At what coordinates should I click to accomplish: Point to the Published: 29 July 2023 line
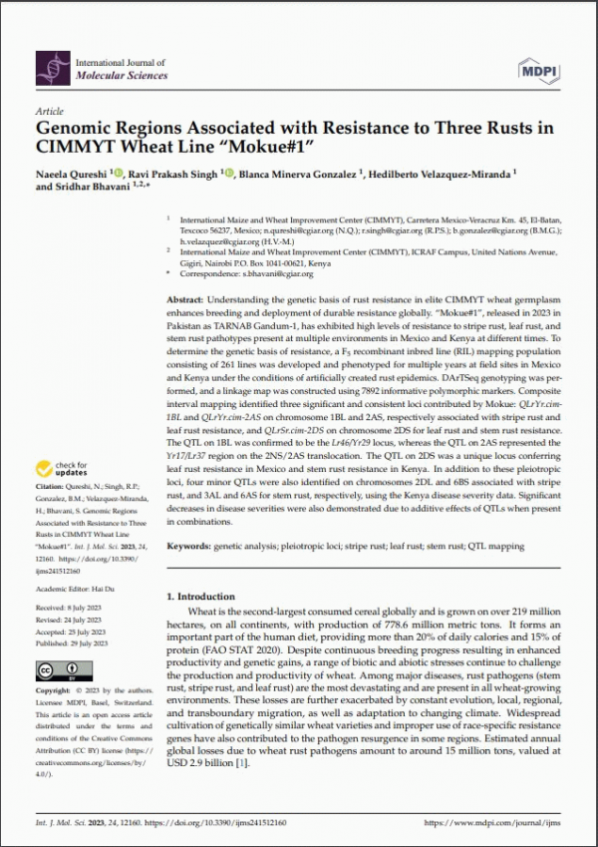tap(79, 643)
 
